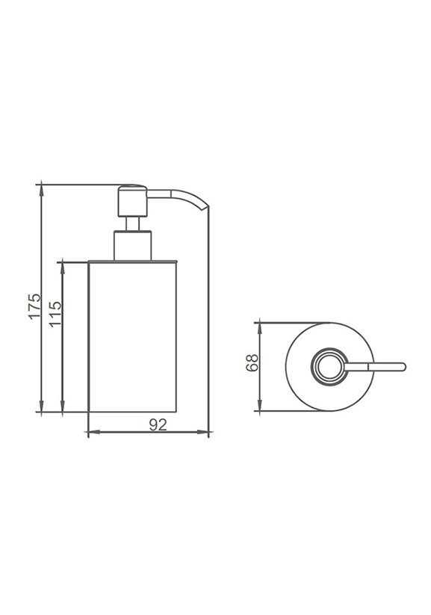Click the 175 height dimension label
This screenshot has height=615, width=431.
(x=34, y=306)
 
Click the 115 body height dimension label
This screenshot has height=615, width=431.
(x=56, y=313)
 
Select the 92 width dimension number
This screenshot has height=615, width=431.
(x=158, y=424)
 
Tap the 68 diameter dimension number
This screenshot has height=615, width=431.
(x=252, y=362)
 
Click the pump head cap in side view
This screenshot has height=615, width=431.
(x=132, y=200)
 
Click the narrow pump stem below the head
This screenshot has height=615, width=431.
(x=132, y=223)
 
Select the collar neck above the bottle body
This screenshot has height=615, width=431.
(x=132, y=246)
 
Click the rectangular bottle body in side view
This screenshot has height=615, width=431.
(x=132, y=336)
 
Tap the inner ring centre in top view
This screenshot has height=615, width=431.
(x=329, y=367)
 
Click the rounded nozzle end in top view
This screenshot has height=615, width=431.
(x=403, y=367)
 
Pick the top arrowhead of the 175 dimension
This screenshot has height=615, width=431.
(x=43, y=190)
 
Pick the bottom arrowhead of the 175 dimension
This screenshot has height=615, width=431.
(x=43, y=407)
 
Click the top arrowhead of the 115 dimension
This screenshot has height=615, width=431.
(x=62, y=268)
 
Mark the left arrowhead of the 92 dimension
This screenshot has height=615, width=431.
(x=93, y=433)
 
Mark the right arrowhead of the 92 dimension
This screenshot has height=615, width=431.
(x=202, y=433)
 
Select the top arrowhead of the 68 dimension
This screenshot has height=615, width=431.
(x=260, y=329)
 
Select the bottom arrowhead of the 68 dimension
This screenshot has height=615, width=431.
(x=260, y=405)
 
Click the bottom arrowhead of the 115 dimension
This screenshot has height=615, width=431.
(x=62, y=407)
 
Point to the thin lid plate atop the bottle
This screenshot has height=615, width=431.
(x=132, y=261)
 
